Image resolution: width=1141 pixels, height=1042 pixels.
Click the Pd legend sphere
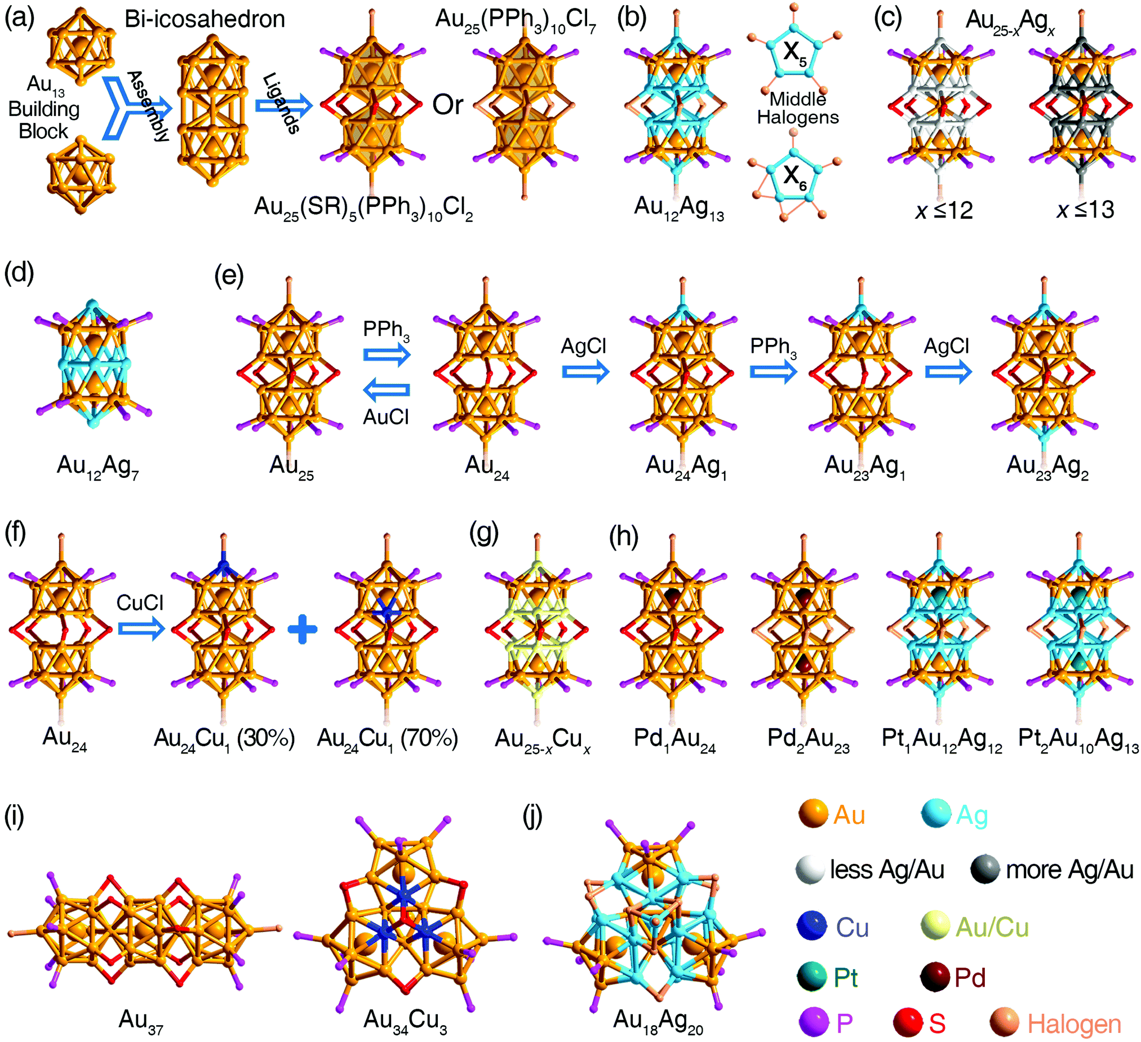[934, 978]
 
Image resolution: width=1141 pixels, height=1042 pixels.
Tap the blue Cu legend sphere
[812, 927]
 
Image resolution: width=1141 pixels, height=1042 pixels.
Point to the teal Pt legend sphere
[812, 978]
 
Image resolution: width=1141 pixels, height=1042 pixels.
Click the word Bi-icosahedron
[205, 19]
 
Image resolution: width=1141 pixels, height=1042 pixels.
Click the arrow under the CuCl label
[141, 629]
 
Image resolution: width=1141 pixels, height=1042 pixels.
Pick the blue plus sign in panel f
[302, 629]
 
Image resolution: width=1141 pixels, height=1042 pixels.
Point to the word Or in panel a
[448, 105]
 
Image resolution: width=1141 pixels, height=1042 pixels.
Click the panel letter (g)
[485, 534]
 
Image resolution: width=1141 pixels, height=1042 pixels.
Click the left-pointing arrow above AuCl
[386, 390]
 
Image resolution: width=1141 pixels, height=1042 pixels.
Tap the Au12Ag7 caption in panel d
[97, 467]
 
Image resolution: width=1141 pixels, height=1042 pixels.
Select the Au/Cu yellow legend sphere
[935, 927]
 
